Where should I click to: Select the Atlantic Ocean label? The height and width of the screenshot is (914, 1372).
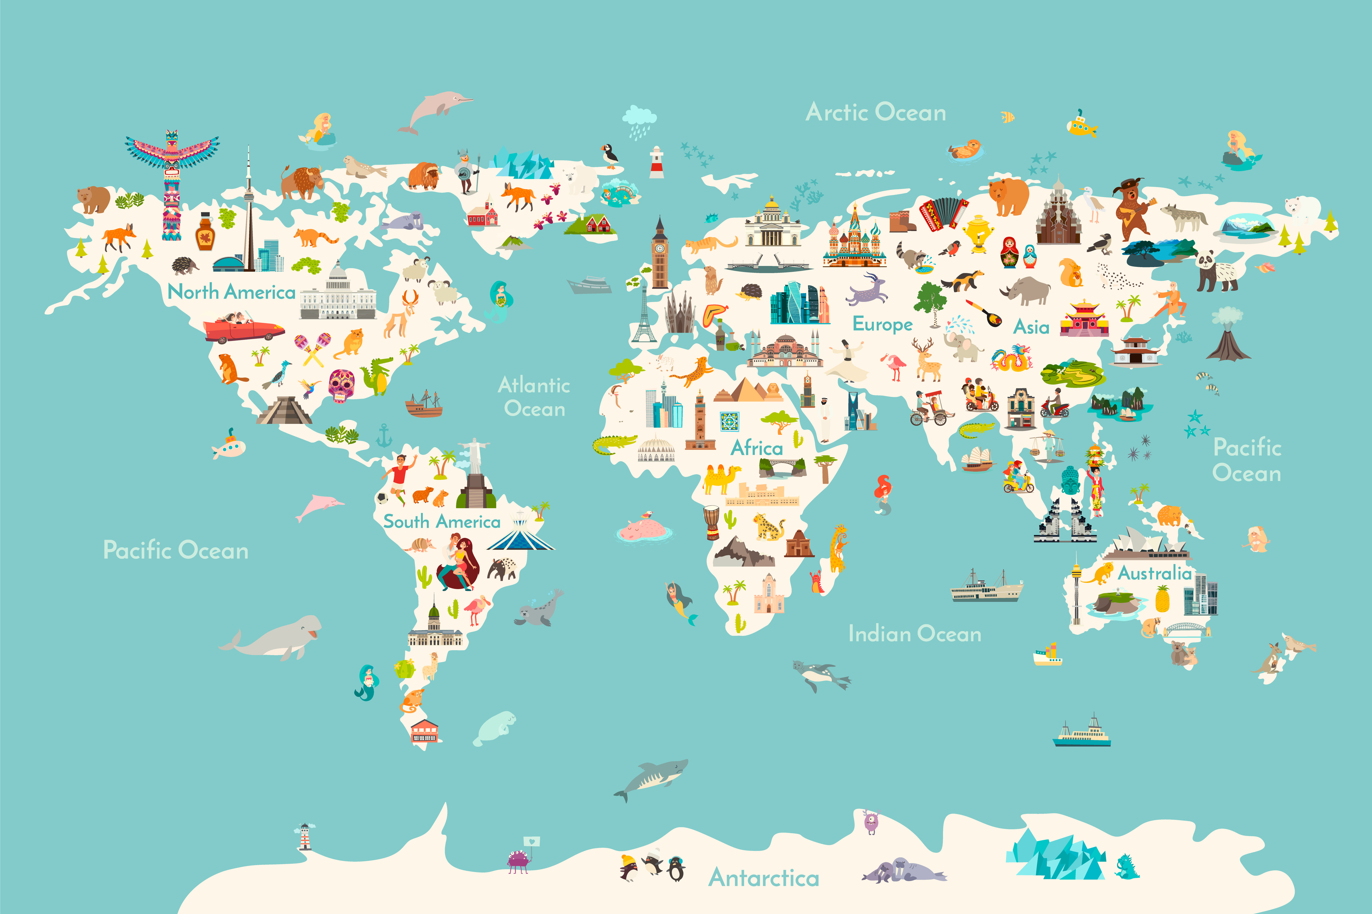coord(534,396)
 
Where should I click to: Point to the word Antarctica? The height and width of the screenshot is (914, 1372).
coord(764,877)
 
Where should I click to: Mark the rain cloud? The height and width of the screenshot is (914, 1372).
coord(639,119)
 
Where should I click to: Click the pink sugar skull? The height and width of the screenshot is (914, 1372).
coord(341,385)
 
